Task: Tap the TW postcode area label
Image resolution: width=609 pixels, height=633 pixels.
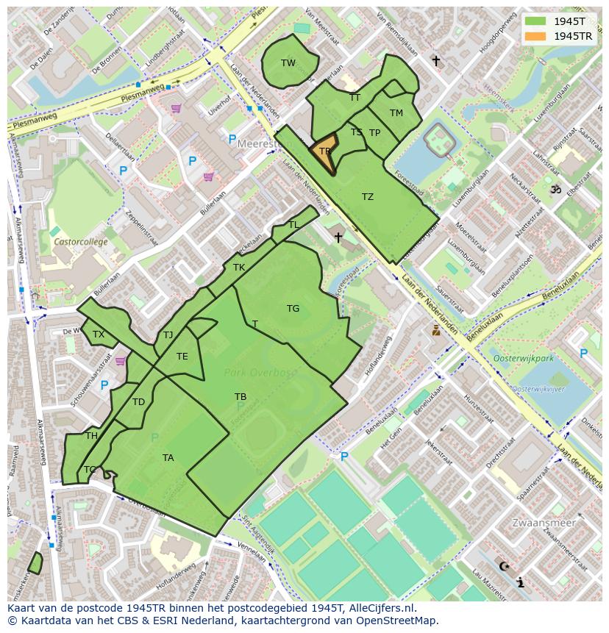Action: pyautogui.click(x=288, y=63)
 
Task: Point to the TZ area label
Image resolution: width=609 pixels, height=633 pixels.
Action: pyautogui.click(x=368, y=197)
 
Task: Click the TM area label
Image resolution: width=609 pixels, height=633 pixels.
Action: pyautogui.click(x=396, y=113)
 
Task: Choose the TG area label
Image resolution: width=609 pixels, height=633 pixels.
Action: pyautogui.click(x=293, y=309)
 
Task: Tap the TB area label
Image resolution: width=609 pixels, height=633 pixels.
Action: pyautogui.click(x=241, y=397)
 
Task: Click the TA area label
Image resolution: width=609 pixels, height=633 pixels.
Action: pyautogui.click(x=168, y=458)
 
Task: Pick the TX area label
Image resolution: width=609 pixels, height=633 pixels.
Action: pyautogui.click(x=99, y=335)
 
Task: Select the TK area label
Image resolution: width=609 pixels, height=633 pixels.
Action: pyautogui.click(x=239, y=268)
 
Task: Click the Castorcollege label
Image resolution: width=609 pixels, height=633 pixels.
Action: pyautogui.click(x=81, y=241)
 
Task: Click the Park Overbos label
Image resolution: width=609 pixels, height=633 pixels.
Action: pyautogui.click(x=261, y=373)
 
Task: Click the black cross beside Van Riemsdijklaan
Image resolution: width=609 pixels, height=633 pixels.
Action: pyautogui.click(x=436, y=61)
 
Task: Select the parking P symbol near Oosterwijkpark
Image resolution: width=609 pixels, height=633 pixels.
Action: pyautogui.click(x=583, y=354)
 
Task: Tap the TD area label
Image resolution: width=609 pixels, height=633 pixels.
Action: pyautogui.click(x=138, y=402)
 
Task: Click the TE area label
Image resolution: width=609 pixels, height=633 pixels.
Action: pyautogui.click(x=182, y=357)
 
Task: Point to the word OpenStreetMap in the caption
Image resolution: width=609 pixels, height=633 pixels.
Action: pyautogui.click(x=397, y=621)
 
